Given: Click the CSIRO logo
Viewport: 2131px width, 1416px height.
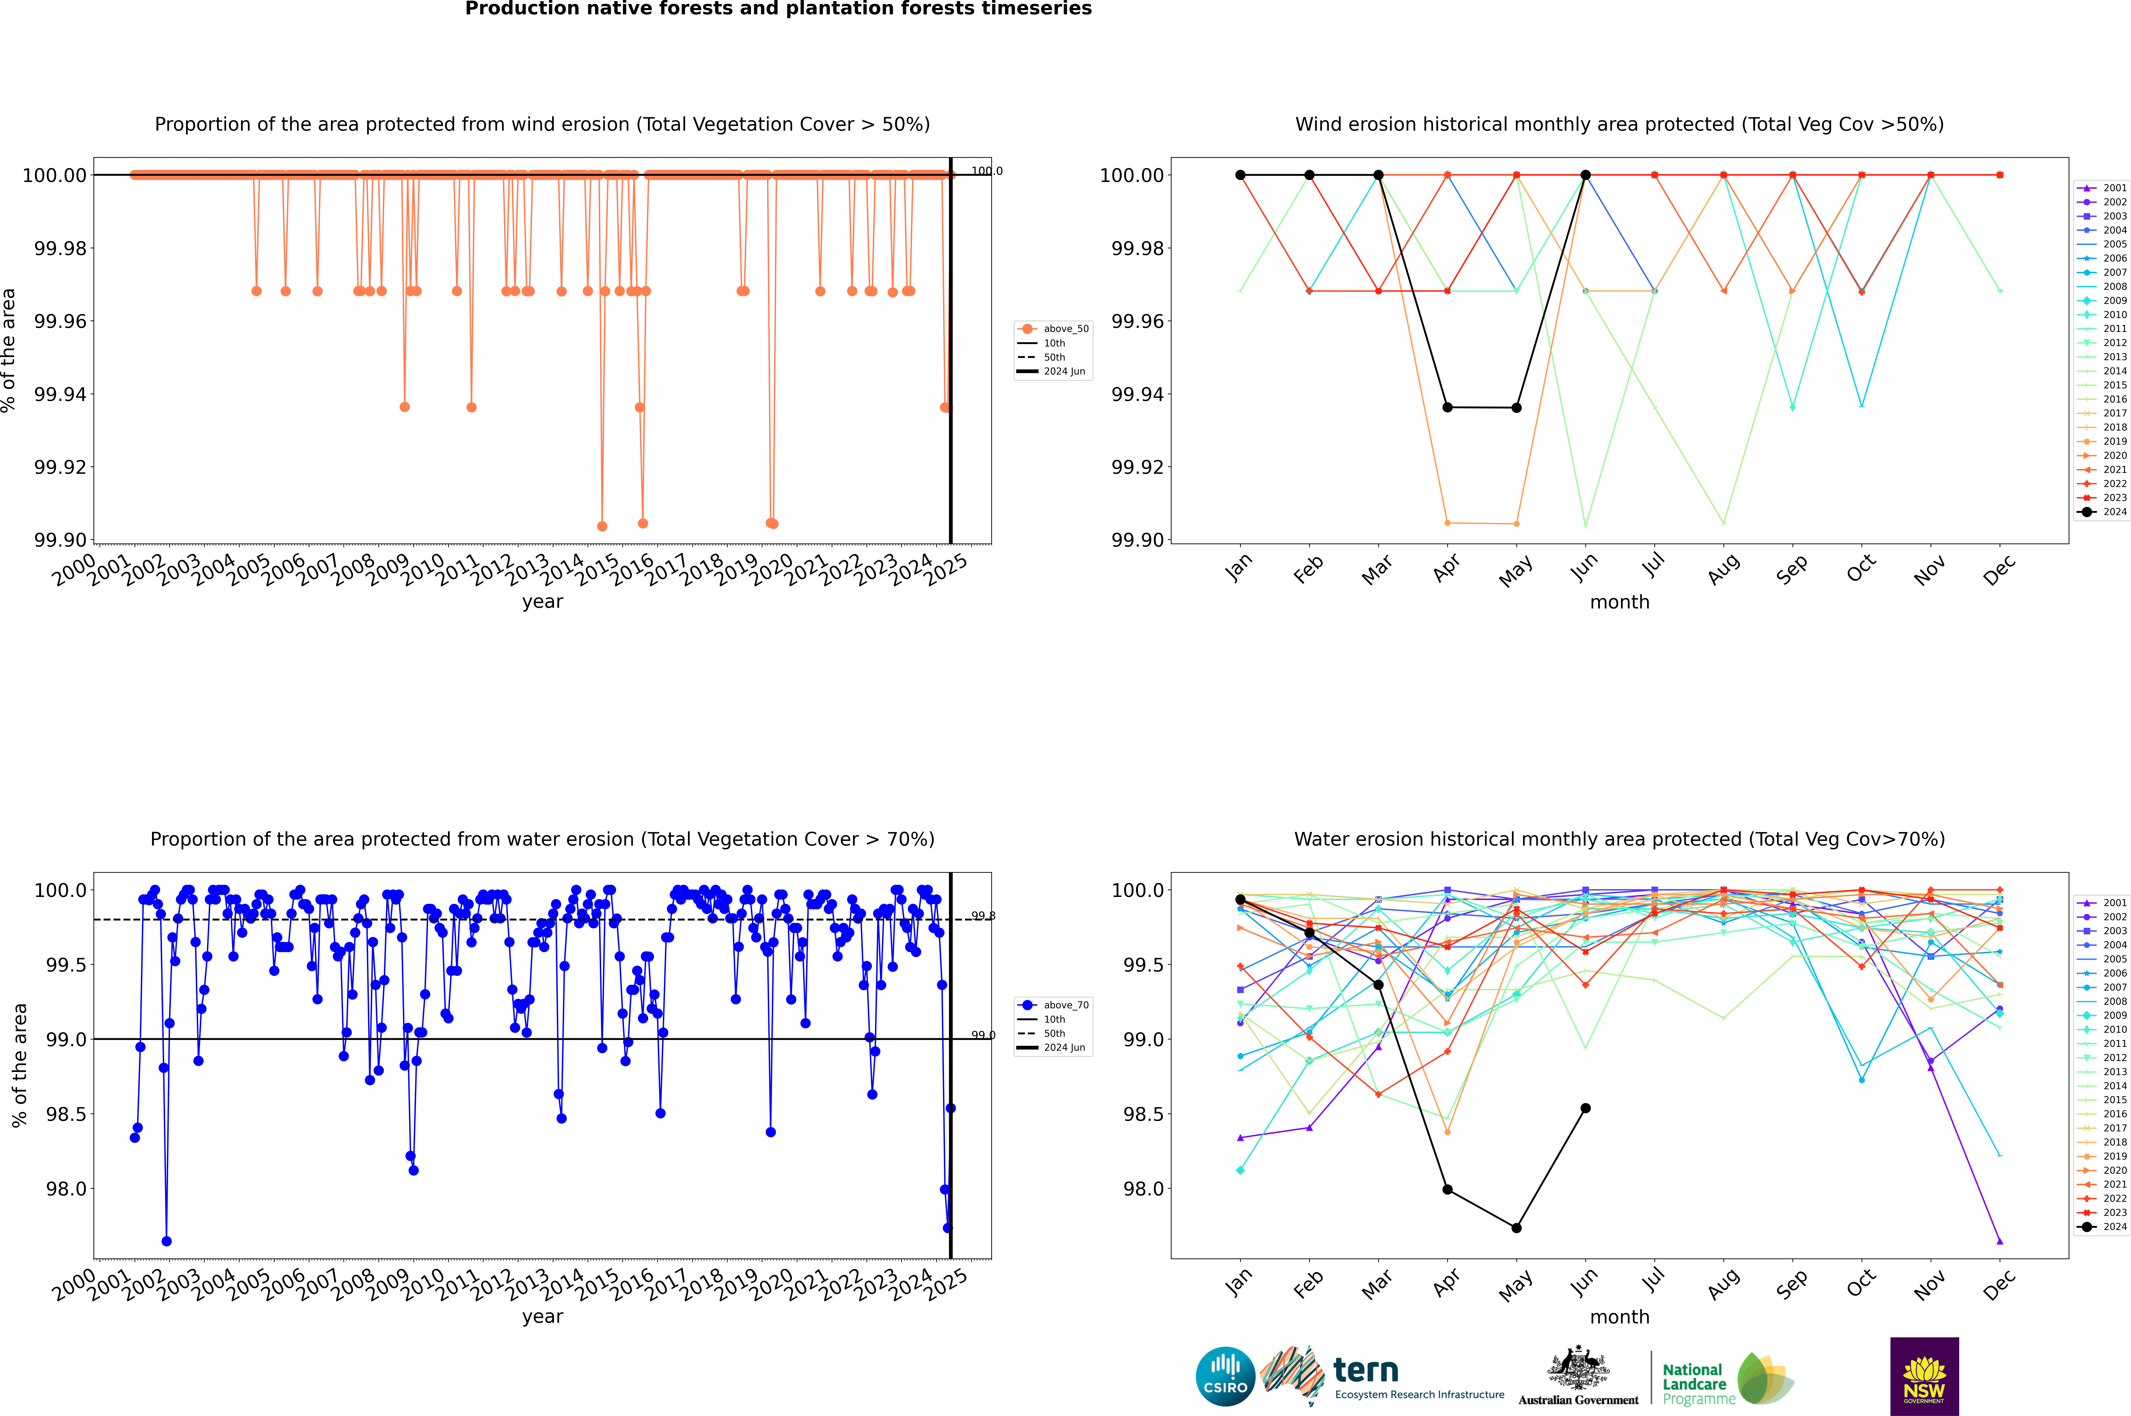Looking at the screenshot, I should click(1225, 1376).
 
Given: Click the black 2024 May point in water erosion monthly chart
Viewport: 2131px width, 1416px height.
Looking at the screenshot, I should click(1517, 1228).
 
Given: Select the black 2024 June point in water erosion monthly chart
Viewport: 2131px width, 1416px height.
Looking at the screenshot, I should click(1585, 1108).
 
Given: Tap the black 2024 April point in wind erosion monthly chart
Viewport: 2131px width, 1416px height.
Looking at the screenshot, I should click(1447, 407).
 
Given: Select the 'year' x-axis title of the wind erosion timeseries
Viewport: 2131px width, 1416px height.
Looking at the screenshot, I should click(542, 602).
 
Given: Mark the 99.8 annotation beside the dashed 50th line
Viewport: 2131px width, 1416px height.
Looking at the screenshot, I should click(983, 916).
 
